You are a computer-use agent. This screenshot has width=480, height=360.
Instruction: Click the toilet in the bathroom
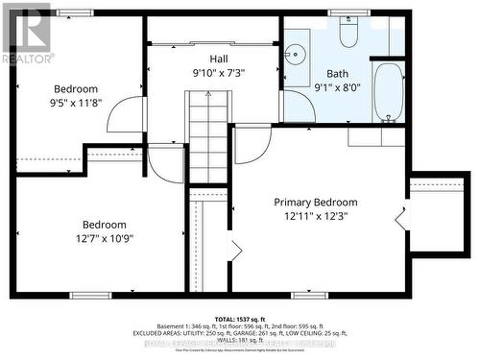click(x=348, y=35)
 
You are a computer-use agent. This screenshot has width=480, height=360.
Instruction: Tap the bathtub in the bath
click(x=389, y=92)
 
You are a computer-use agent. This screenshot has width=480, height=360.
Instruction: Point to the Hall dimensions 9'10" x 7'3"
click(x=220, y=73)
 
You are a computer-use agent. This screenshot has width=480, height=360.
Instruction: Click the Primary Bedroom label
click(x=316, y=202)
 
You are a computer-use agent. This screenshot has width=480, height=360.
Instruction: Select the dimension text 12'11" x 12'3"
click(x=316, y=217)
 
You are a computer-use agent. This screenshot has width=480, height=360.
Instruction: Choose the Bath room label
click(x=338, y=73)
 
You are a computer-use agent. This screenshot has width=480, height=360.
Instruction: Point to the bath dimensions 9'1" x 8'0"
click(x=338, y=87)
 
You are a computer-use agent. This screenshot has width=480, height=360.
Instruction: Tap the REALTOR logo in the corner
click(x=27, y=34)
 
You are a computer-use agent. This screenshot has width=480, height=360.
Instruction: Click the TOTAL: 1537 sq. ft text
click(x=239, y=317)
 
